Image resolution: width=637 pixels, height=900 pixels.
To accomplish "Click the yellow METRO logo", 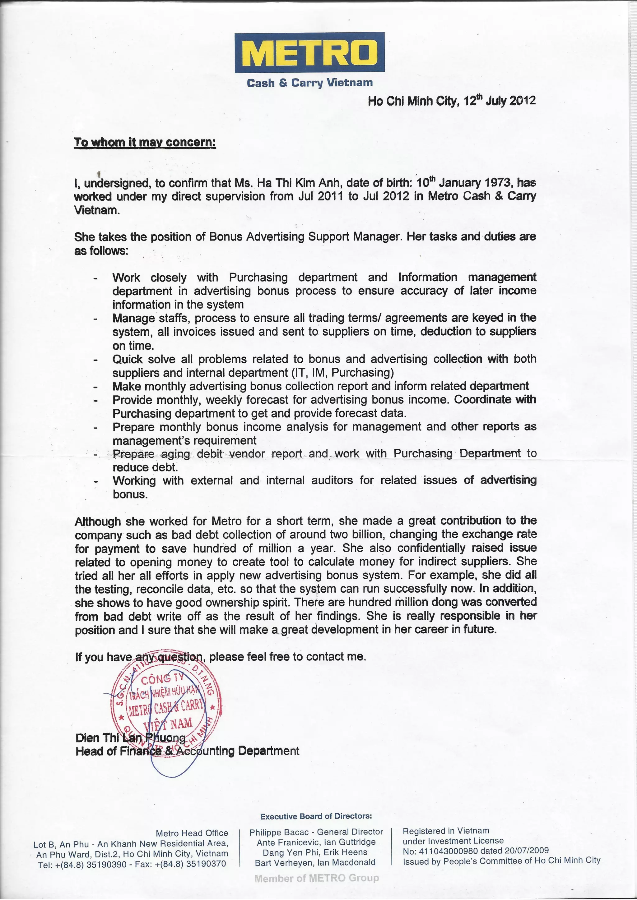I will pos(309,53).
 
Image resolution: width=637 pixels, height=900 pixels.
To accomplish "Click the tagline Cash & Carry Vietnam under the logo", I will pos(309,83).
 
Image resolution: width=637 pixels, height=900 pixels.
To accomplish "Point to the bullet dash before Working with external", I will pos(95,481).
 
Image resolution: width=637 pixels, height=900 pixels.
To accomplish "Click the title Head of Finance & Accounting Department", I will pos(187,751).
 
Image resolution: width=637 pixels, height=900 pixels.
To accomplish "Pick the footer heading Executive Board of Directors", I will pos(316,816).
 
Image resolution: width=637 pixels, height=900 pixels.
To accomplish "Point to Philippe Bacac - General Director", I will pos(316,832).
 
